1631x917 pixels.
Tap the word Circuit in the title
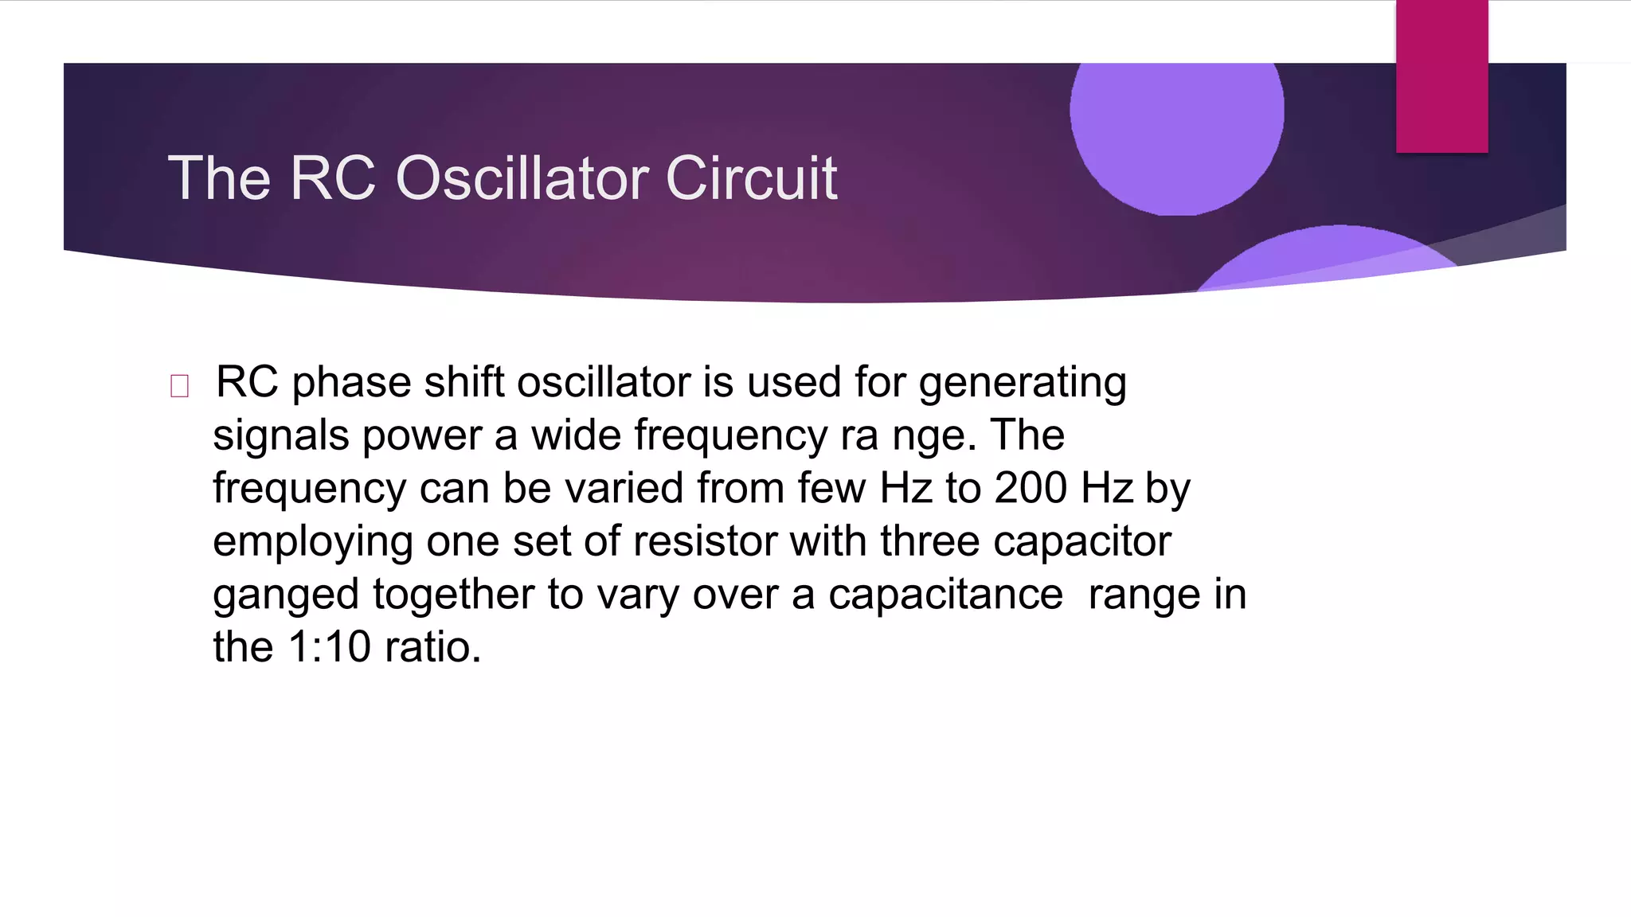click(751, 178)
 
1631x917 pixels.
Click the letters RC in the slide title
click(332, 178)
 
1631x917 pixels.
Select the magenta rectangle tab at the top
click(1441, 76)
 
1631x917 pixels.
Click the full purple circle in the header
click(1176, 119)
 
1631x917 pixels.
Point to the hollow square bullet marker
click(179, 386)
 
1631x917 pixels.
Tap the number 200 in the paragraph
click(1031, 488)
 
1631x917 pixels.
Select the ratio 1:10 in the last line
click(329, 646)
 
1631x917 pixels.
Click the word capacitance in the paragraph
click(945, 595)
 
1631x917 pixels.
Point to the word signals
click(280, 436)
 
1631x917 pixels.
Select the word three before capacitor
click(929, 541)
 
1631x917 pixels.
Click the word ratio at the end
click(432, 646)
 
